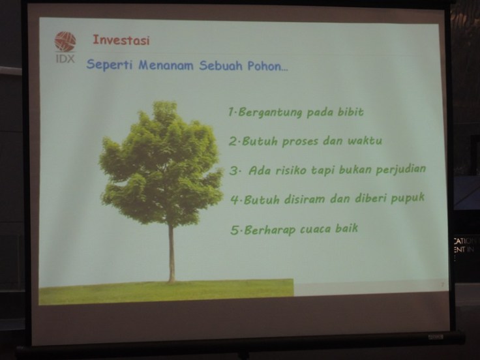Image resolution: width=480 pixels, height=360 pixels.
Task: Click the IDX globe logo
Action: (65, 41)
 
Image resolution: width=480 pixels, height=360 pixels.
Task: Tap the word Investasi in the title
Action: (121, 40)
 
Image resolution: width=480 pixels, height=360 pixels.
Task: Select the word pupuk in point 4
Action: (406, 197)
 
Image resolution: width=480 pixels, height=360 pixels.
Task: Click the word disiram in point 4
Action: (307, 199)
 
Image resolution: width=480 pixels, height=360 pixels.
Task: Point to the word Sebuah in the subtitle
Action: (222, 66)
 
